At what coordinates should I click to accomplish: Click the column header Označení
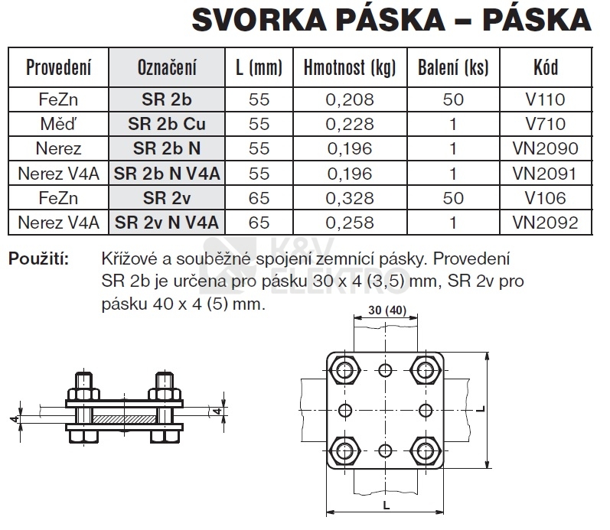click(x=167, y=67)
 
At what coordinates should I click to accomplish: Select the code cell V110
click(x=546, y=99)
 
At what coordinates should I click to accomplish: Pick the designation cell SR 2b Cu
click(x=167, y=124)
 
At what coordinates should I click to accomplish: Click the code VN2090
click(x=546, y=148)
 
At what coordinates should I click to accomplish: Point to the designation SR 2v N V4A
click(x=167, y=223)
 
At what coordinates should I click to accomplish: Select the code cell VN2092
click(x=546, y=223)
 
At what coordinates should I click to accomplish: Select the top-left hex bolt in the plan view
click(x=349, y=372)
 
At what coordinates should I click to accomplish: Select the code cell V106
click(x=546, y=198)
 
